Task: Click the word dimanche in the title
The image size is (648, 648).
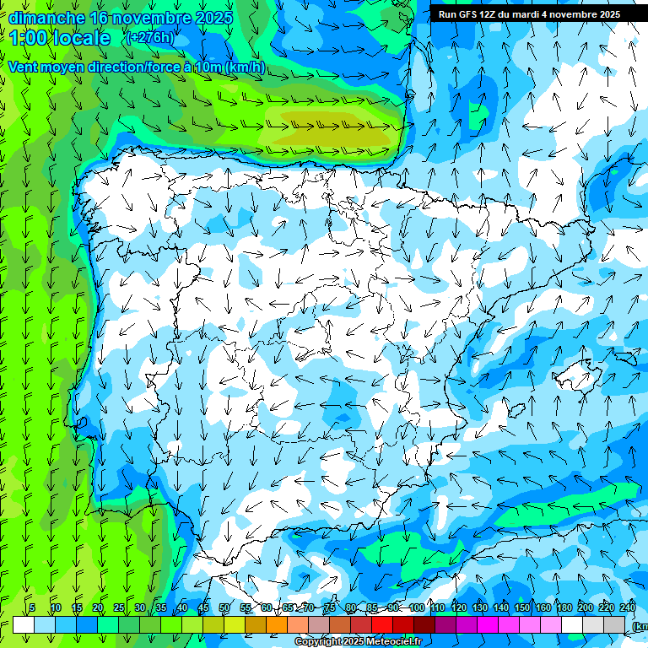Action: coord(46,18)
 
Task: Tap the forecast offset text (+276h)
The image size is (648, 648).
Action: coord(149,37)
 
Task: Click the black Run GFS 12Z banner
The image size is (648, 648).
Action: coord(529,13)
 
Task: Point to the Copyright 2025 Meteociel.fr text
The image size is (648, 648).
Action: coord(358,642)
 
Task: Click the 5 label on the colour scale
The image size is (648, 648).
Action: coord(32,608)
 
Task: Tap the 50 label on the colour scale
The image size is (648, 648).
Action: coord(224,608)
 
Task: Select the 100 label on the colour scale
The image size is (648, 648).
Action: coord(416,608)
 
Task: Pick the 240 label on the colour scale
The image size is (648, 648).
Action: coord(628,608)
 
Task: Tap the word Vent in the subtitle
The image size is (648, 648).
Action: coord(24,67)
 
